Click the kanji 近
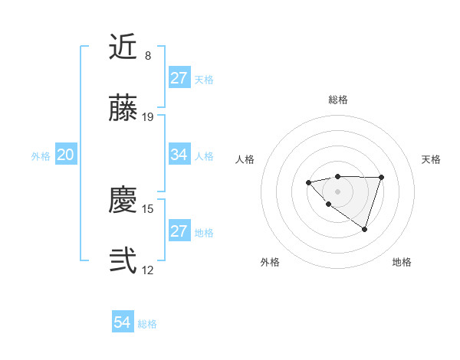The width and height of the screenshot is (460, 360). click(x=123, y=47)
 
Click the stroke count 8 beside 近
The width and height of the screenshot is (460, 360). click(x=148, y=56)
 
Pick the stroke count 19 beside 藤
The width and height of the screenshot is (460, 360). click(x=148, y=117)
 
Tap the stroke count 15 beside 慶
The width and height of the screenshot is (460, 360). click(x=148, y=208)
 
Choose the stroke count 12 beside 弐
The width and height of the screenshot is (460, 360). click(x=148, y=270)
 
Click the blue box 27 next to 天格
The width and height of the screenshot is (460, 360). click(x=179, y=78)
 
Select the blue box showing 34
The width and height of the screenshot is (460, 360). click(x=179, y=155)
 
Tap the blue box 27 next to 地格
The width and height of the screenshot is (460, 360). click(x=179, y=231)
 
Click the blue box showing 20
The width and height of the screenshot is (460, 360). click(x=66, y=155)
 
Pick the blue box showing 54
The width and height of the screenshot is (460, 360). click(x=123, y=322)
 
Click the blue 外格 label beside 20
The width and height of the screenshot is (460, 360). click(x=41, y=156)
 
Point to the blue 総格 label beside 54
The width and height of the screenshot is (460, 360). click(x=147, y=324)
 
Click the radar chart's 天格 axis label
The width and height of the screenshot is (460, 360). click(x=431, y=159)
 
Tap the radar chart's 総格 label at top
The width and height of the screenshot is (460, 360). click(x=337, y=100)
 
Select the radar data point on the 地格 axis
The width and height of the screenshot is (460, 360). click(x=365, y=229)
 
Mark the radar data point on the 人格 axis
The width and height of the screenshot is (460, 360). click(x=308, y=182)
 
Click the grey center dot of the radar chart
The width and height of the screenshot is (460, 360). click(x=337, y=191)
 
